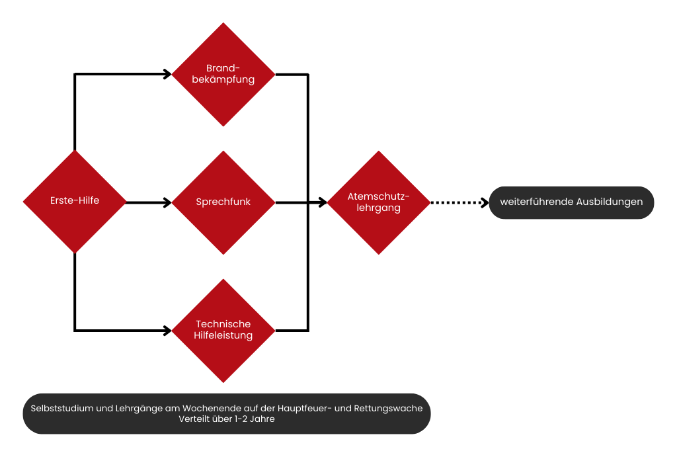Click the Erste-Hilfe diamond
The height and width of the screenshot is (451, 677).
tap(75, 201)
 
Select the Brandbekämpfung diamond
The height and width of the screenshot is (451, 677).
tap(223, 74)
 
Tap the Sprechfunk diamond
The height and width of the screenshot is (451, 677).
tap(223, 202)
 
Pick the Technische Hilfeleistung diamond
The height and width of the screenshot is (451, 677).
tap(223, 330)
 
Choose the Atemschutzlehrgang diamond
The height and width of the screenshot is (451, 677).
tap(379, 202)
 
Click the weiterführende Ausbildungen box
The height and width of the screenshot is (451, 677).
tap(571, 202)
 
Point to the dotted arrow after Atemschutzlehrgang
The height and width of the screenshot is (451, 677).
tap(458, 202)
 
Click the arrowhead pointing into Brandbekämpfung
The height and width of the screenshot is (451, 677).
tap(167, 74)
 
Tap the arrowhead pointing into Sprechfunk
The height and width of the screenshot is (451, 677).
tap(167, 202)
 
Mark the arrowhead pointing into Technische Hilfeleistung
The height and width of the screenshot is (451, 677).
tap(167, 330)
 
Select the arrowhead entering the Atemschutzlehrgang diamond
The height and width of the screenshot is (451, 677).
tap(323, 202)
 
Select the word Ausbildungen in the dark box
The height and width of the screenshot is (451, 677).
tap(609, 202)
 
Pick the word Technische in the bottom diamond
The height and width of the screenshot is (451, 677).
tap(223, 324)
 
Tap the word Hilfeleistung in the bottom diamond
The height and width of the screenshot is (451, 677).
tap(223, 336)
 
